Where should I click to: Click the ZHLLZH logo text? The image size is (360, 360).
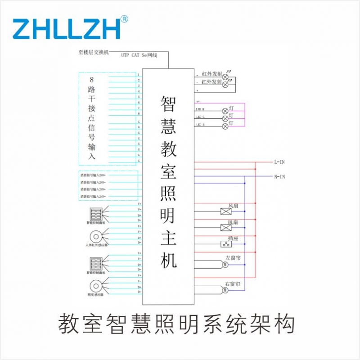[x=66, y=28]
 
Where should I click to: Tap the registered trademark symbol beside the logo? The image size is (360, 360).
[x=125, y=19]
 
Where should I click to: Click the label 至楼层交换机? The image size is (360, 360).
[x=94, y=52]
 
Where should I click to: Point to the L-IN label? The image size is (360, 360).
[x=279, y=162]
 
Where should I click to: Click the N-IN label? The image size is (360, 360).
[x=279, y=176]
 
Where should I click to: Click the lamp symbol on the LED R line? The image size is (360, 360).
[x=225, y=111]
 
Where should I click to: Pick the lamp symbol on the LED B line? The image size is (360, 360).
[x=225, y=126]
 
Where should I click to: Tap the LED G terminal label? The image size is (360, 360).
[x=200, y=117]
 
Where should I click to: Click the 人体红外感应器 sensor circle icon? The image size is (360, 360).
[x=95, y=236]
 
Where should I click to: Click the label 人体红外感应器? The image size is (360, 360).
[x=95, y=246]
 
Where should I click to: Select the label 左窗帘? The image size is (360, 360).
[x=234, y=258]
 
